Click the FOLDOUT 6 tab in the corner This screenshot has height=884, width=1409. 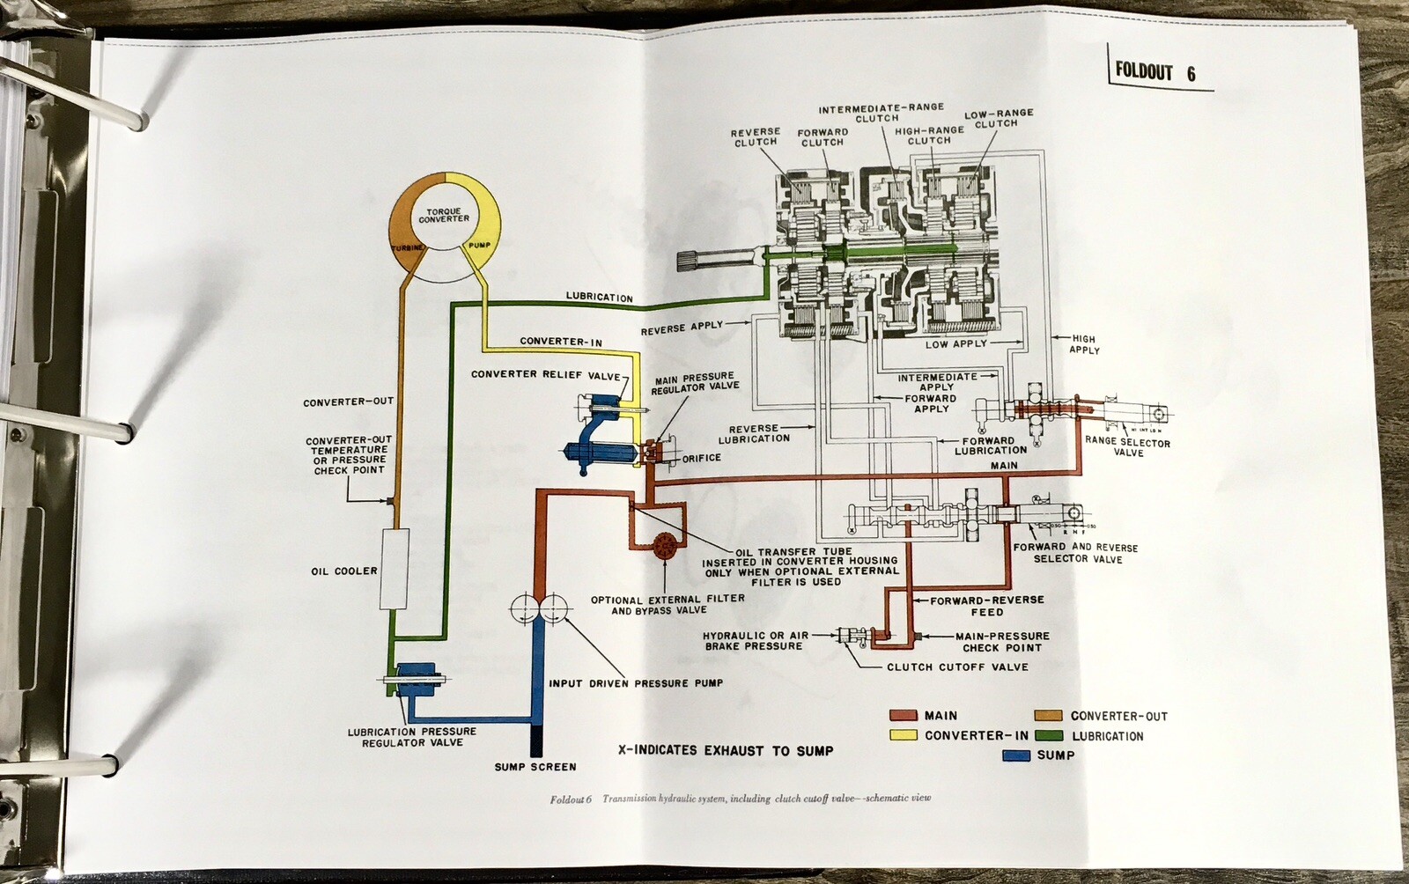pyautogui.click(x=1154, y=71)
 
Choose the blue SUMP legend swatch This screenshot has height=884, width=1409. pyautogui.click(x=1017, y=755)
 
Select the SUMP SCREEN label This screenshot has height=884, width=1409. pyautogui.click(x=535, y=767)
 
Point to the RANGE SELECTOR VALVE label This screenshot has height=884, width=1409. pyautogui.click(x=1127, y=447)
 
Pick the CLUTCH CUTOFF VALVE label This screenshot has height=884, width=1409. pyautogui.click(x=957, y=667)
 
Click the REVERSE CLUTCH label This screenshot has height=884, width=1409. pyautogui.click(x=755, y=136)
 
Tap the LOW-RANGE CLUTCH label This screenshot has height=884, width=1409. pyautogui.click(x=998, y=119)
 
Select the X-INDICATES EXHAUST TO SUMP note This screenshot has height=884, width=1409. pyautogui.click(x=725, y=750)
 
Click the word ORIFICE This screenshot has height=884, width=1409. pyautogui.click(x=701, y=458)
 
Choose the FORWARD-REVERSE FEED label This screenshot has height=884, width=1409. pyautogui.click(x=987, y=606)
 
